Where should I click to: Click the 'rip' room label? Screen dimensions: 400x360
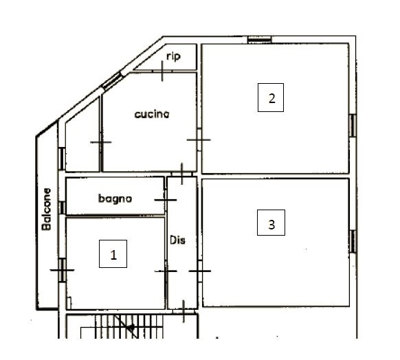[x=173, y=56]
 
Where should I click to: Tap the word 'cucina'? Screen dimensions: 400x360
[x=152, y=114]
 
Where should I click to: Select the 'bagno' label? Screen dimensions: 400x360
[x=115, y=199]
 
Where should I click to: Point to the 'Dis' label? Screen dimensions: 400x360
[x=177, y=240]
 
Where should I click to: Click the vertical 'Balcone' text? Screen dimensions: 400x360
[x=47, y=209]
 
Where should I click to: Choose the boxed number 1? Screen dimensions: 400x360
[x=113, y=254]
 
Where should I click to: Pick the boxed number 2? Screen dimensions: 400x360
[x=271, y=98]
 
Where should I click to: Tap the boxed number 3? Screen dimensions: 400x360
[x=271, y=223]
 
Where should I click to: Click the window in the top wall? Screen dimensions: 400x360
[x=259, y=40]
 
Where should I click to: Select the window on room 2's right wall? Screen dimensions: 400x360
[x=353, y=126]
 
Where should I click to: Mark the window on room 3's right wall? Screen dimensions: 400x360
[x=353, y=241]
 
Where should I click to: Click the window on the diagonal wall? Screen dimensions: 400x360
[x=112, y=81]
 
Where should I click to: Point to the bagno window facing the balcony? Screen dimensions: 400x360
[x=62, y=207]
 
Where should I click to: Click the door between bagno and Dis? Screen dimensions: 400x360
[x=166, y=200]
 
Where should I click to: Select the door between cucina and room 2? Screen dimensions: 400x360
[x=199, y=139]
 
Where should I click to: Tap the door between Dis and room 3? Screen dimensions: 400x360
[x=200, y=271]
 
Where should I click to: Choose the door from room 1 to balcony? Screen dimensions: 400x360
[x=63, y=270]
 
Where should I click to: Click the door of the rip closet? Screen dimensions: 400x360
[x=162, y=71]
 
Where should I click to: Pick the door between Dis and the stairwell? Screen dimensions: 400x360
[x=184, y=311]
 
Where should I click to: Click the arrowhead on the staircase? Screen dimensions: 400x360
[x=131, y=327]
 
